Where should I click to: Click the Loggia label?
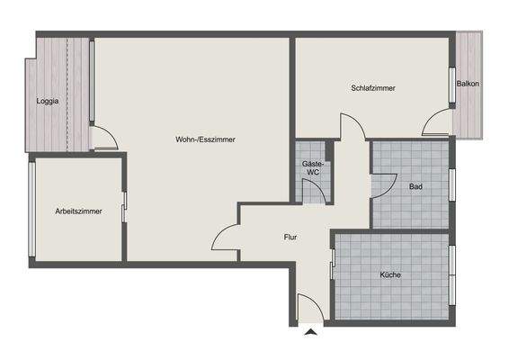tap(48, 101)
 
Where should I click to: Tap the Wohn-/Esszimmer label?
tap(205, 139)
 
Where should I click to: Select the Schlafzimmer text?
tap(373, 88)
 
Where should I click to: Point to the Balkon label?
tap(468, 84)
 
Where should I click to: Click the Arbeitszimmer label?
tap(78, 211)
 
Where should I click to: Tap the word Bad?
tap(415, 187)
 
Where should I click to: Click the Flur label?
tap(290, 238)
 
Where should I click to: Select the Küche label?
tap(390, 274)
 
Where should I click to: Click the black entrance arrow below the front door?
tap(311, 334)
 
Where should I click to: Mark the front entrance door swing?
tap(307, 309)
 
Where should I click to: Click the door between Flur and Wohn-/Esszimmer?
tap(226, 238)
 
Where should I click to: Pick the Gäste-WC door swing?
tap(314, 191)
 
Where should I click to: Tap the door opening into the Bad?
tap(381, 183)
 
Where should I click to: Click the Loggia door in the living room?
tap(103, 139)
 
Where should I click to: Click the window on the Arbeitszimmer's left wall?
tap(31, 212)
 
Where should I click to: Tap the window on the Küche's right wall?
tap(451, 274)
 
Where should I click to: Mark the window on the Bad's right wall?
tap(451, 184)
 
